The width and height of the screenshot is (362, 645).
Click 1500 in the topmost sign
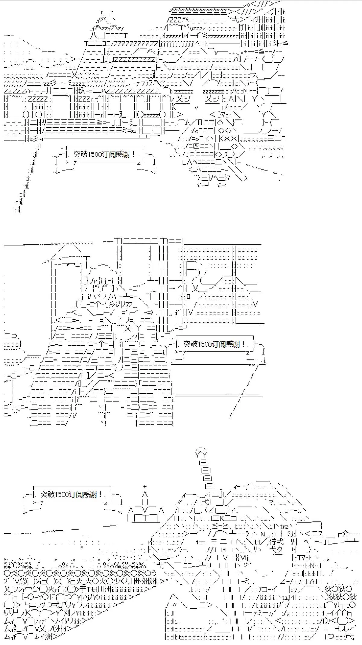coord(95,154)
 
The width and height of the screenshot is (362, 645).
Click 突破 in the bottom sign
coord(47,495)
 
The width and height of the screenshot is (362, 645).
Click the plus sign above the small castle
coord(145,486)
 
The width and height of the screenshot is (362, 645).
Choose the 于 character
coord(84,589)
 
